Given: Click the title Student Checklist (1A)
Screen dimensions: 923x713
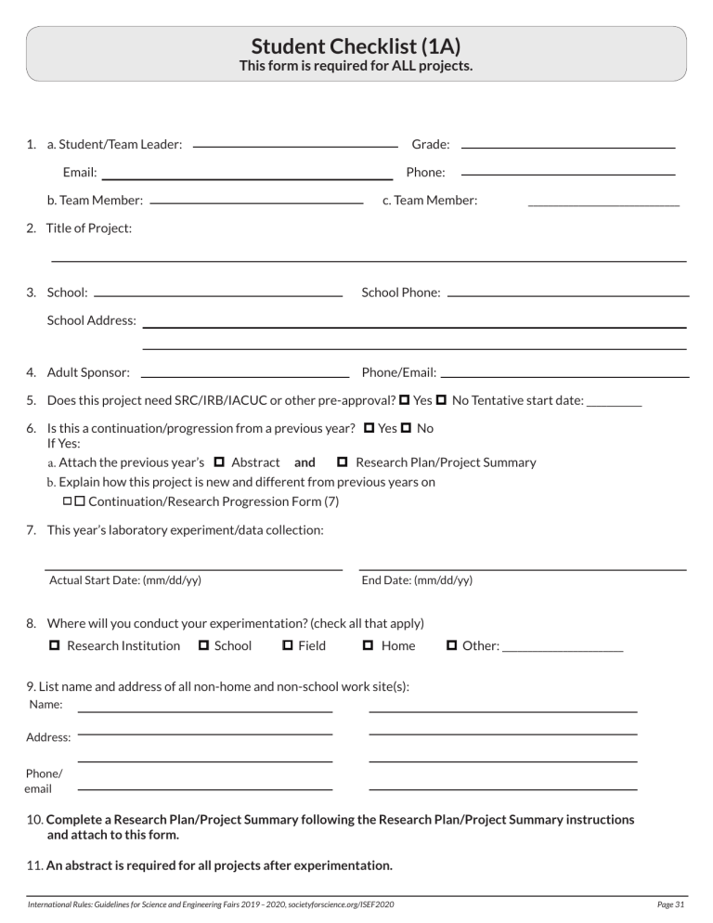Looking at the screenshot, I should pyautogui.click(x=356, y=46).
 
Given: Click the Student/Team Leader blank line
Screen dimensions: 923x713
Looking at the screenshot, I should pyautogui.click(x=294, y=146).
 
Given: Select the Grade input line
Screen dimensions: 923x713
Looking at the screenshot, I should pyautogui.click(x=567, y=146).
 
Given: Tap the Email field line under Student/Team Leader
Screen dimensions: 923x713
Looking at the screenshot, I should pyautogui.click(x=247, y=176).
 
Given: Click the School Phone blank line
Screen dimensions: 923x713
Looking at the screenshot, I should pyautogui.click(x=567, y=294).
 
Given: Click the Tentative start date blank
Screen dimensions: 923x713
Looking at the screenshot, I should pyautogui.click(x=615, y=404).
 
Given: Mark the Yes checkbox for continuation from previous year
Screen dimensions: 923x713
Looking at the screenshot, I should pyautogui.click(x=369, y=428).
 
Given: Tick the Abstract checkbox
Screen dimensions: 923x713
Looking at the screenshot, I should pyautogui.click(x=219, y=461).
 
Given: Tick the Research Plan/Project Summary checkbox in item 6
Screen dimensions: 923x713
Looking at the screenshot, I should pyautogui.click(x=342, y=461).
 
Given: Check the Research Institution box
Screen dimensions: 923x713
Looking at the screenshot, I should pyautogui.click(x=54, y=645).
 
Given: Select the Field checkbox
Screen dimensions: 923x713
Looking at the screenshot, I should pyautogui.click(x=288, y=645).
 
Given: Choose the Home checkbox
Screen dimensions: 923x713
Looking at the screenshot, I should pyautogui.click(x=368, y=645).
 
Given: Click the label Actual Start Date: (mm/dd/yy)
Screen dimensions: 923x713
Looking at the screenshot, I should pyautogui.click(x=125, y=580).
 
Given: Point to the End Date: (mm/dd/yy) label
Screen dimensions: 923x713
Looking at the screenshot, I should pyautogui.click(x=417, y=580).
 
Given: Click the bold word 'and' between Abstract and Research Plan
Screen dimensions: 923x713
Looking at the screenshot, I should pyautogui.click(x=305, y=461).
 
